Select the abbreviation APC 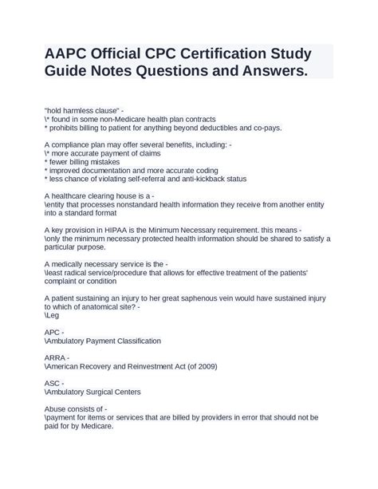(53, 331)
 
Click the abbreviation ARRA (56, 357)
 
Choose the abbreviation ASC (53, 382)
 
